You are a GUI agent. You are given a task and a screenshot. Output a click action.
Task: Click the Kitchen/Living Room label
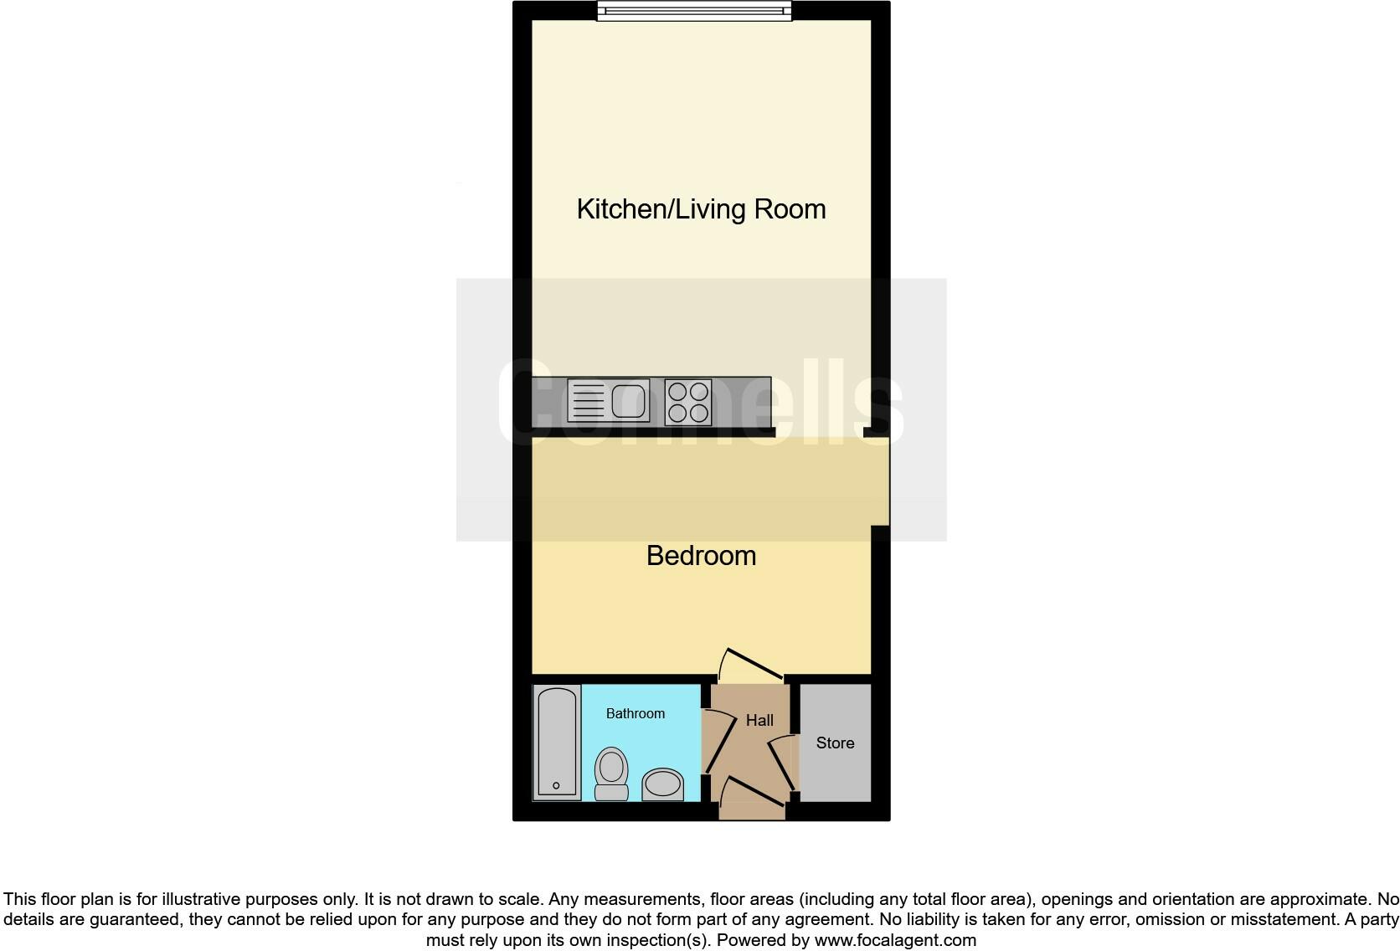click(701, 209)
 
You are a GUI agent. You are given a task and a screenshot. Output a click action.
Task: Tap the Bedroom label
click(701, 556)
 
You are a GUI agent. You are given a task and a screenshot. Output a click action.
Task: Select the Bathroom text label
click(636, 713)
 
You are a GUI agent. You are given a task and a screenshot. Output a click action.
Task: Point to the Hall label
click(759, 720)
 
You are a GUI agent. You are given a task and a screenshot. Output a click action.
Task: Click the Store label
click(835, 743)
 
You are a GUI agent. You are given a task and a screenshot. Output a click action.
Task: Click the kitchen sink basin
click(630, 400)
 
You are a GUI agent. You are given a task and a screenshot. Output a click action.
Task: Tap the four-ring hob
click(688, 402)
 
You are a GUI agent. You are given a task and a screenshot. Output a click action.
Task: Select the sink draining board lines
click(587, 400)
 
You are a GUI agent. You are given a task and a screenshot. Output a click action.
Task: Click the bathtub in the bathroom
click(557, 742)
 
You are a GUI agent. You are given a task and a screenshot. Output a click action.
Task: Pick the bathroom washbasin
click(663, 784)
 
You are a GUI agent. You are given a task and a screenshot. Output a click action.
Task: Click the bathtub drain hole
click(556, 785)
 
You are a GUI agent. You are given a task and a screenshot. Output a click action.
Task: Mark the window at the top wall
click(694, 11)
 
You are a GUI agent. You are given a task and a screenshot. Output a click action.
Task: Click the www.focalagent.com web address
click(895, 940)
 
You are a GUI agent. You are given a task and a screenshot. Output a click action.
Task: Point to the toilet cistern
click(611, 791)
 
